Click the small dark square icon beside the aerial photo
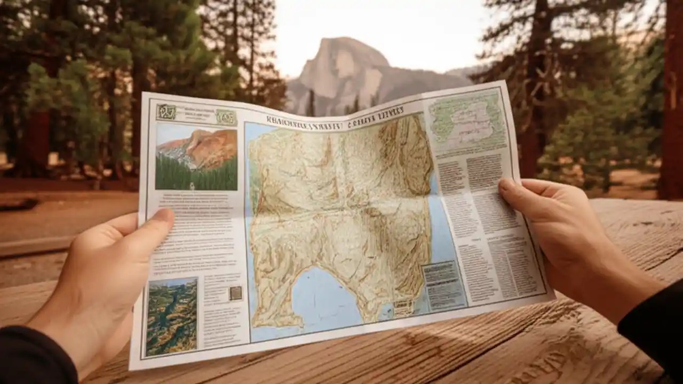[235, 293]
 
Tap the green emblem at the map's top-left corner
[166, 112]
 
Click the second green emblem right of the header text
[226, 117]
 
